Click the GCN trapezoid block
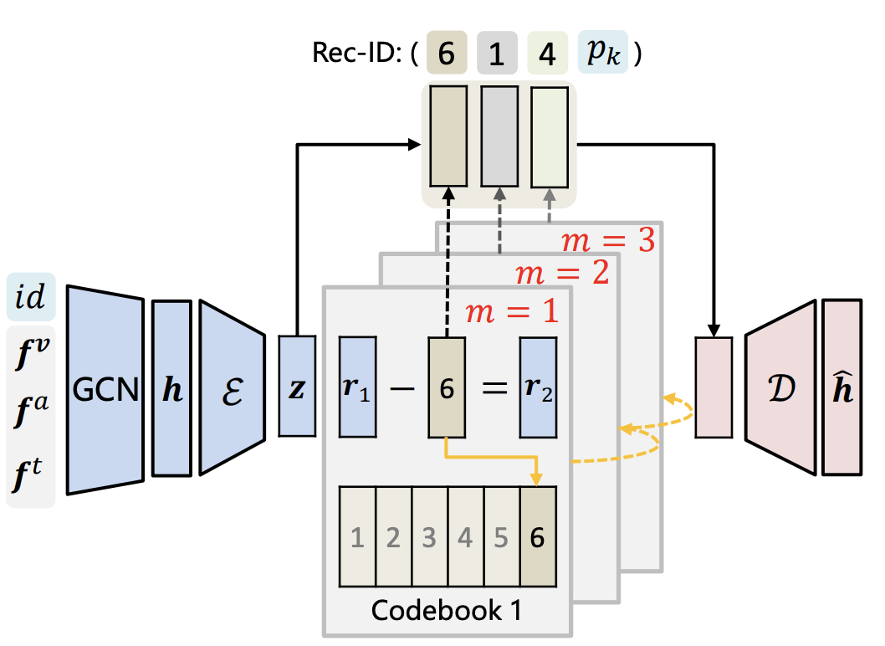pyautogui.click(x=105, y=390)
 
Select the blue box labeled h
pyautogui.click(x=171, y=389)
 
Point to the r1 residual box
pyautogui.click(x=357, y=387)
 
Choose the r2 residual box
pyautogui.click(x=538, y=387)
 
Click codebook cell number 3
pyautogui.click(x=429, y=537)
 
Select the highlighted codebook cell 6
pyautogui.click(x=537, y=537)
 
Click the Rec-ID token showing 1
pyautogui.click(x=498, y=53)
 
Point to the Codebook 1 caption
pyautogui.click(x=447, y=610)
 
